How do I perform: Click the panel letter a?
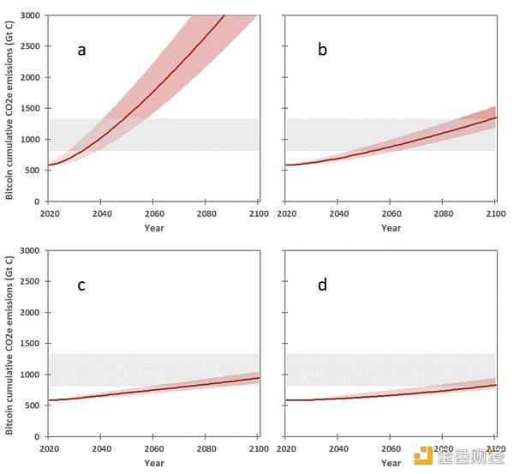point(82,50)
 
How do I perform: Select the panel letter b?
point(323,50)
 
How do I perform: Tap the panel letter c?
point(81,285)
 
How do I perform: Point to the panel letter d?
point(323,285)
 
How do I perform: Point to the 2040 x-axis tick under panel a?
point(102,213)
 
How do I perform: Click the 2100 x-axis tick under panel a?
point(258,213)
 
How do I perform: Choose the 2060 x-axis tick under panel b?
point(391,213)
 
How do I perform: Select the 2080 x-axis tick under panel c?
point(206,447)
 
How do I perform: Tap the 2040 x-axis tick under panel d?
point(339,447)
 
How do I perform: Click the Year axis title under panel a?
point(153,228)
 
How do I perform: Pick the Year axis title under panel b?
point(391,228)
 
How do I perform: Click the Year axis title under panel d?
point(391,463)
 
